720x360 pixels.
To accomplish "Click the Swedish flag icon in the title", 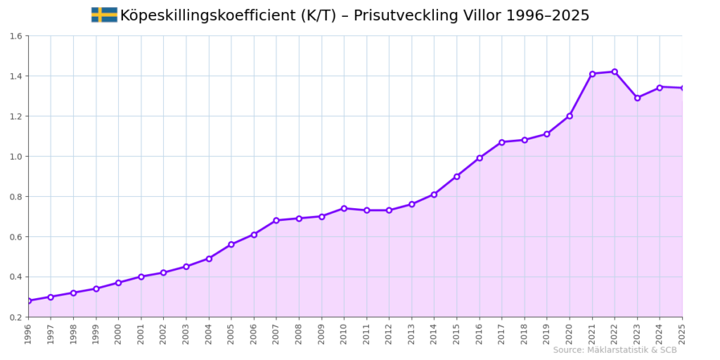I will (x=104, y=15).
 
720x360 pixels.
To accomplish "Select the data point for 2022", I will (x=615, y=72).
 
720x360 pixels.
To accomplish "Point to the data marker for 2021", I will (x=592, y=74).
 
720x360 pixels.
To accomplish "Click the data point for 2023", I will (x=637, y=98).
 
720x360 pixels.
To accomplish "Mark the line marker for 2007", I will (x=276, y=220).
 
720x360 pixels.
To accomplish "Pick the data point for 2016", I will (x=480, y=158).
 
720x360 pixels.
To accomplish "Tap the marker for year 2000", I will (x=118, y=283).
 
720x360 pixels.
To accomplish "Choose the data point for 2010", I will (x=344, y=208).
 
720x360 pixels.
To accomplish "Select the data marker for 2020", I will (x=570, y=116).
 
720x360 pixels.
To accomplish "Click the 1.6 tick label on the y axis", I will (x=16, y=36).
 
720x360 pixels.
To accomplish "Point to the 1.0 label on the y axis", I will (x=16, y=156).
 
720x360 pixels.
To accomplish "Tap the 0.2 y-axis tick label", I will (x=16, y=317).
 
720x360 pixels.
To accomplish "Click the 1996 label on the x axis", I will (x=28, y=333).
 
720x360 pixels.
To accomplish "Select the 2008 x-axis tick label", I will (x=299, y=333).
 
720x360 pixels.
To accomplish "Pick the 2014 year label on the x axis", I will (x=434, y=333).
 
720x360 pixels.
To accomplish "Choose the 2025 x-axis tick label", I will (x=682, y=333).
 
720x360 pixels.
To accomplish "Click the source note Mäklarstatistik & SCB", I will (x=615, y=350).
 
